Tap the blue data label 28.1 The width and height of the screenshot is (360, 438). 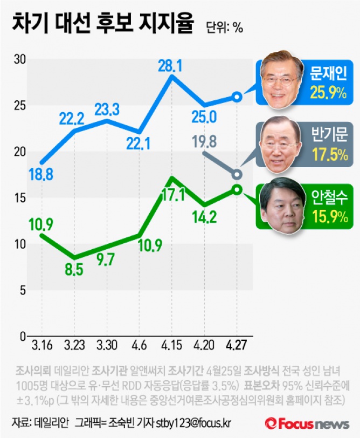point(170,66)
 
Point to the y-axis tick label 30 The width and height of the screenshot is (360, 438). point(19,59)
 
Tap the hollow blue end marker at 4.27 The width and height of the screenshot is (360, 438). point(237,97)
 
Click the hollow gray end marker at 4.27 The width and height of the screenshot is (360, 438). point(237,175)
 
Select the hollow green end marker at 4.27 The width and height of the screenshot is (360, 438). point(237,189)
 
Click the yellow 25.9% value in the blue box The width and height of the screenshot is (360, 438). point(328,93)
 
